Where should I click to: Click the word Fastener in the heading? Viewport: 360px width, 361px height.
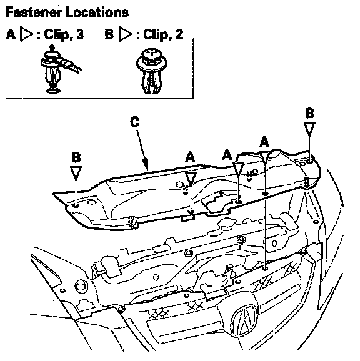33,12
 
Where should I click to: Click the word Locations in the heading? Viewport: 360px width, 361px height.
97,12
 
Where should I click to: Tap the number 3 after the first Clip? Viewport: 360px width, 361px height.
80,34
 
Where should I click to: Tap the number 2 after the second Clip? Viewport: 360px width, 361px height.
179,34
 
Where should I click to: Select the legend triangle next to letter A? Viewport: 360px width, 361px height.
26,34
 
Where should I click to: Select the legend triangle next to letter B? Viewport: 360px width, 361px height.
125,34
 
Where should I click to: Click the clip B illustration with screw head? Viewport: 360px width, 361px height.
151,71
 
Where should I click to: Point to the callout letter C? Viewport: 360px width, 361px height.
135,122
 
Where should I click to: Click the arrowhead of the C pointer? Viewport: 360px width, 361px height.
146,166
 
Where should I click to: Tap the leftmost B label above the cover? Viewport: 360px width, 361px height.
76,157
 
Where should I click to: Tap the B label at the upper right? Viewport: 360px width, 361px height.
310,113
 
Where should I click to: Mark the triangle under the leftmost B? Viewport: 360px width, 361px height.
76,173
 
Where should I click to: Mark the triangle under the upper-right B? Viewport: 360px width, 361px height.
309,129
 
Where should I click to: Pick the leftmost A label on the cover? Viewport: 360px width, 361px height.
190,157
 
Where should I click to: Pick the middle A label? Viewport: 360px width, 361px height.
227,155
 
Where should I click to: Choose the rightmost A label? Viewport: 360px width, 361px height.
264,142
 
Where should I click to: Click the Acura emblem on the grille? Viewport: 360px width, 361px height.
244,320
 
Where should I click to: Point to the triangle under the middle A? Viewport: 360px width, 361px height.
238,169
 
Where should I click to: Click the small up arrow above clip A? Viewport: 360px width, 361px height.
52,47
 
